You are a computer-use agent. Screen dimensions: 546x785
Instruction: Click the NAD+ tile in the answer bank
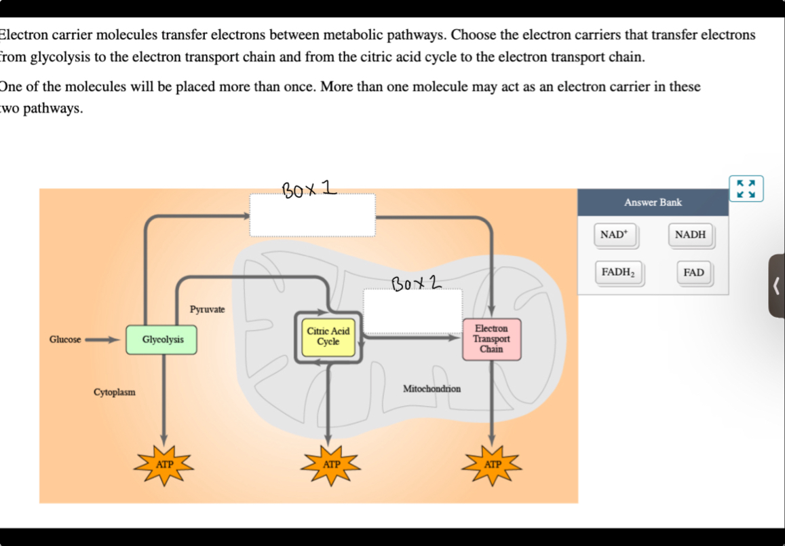615,235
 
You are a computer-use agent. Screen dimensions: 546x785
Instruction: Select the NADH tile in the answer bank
690,235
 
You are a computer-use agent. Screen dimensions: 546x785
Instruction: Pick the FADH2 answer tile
618,273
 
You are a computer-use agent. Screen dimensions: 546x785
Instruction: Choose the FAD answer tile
693,273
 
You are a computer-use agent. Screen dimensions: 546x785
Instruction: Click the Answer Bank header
653,202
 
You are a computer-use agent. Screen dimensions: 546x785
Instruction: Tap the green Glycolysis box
162,340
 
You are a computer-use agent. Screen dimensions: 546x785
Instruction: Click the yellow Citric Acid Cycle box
328,337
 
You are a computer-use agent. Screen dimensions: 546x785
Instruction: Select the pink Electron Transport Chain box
491,339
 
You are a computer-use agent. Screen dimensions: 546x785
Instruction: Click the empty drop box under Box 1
312,215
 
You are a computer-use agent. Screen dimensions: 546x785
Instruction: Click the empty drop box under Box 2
413,310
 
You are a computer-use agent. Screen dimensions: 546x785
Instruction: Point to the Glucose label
65,340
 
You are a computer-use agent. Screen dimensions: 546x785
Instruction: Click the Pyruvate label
207,310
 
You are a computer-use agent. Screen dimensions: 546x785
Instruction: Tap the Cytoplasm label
115,393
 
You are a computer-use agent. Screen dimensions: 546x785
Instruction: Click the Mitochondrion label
432,389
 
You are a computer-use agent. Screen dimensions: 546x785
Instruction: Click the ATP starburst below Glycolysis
164,465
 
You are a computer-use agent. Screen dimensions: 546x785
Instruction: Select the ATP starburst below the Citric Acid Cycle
330,465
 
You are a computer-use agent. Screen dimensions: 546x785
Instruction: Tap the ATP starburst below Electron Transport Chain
493,465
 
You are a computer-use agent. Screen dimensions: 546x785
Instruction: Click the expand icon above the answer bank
746,189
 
